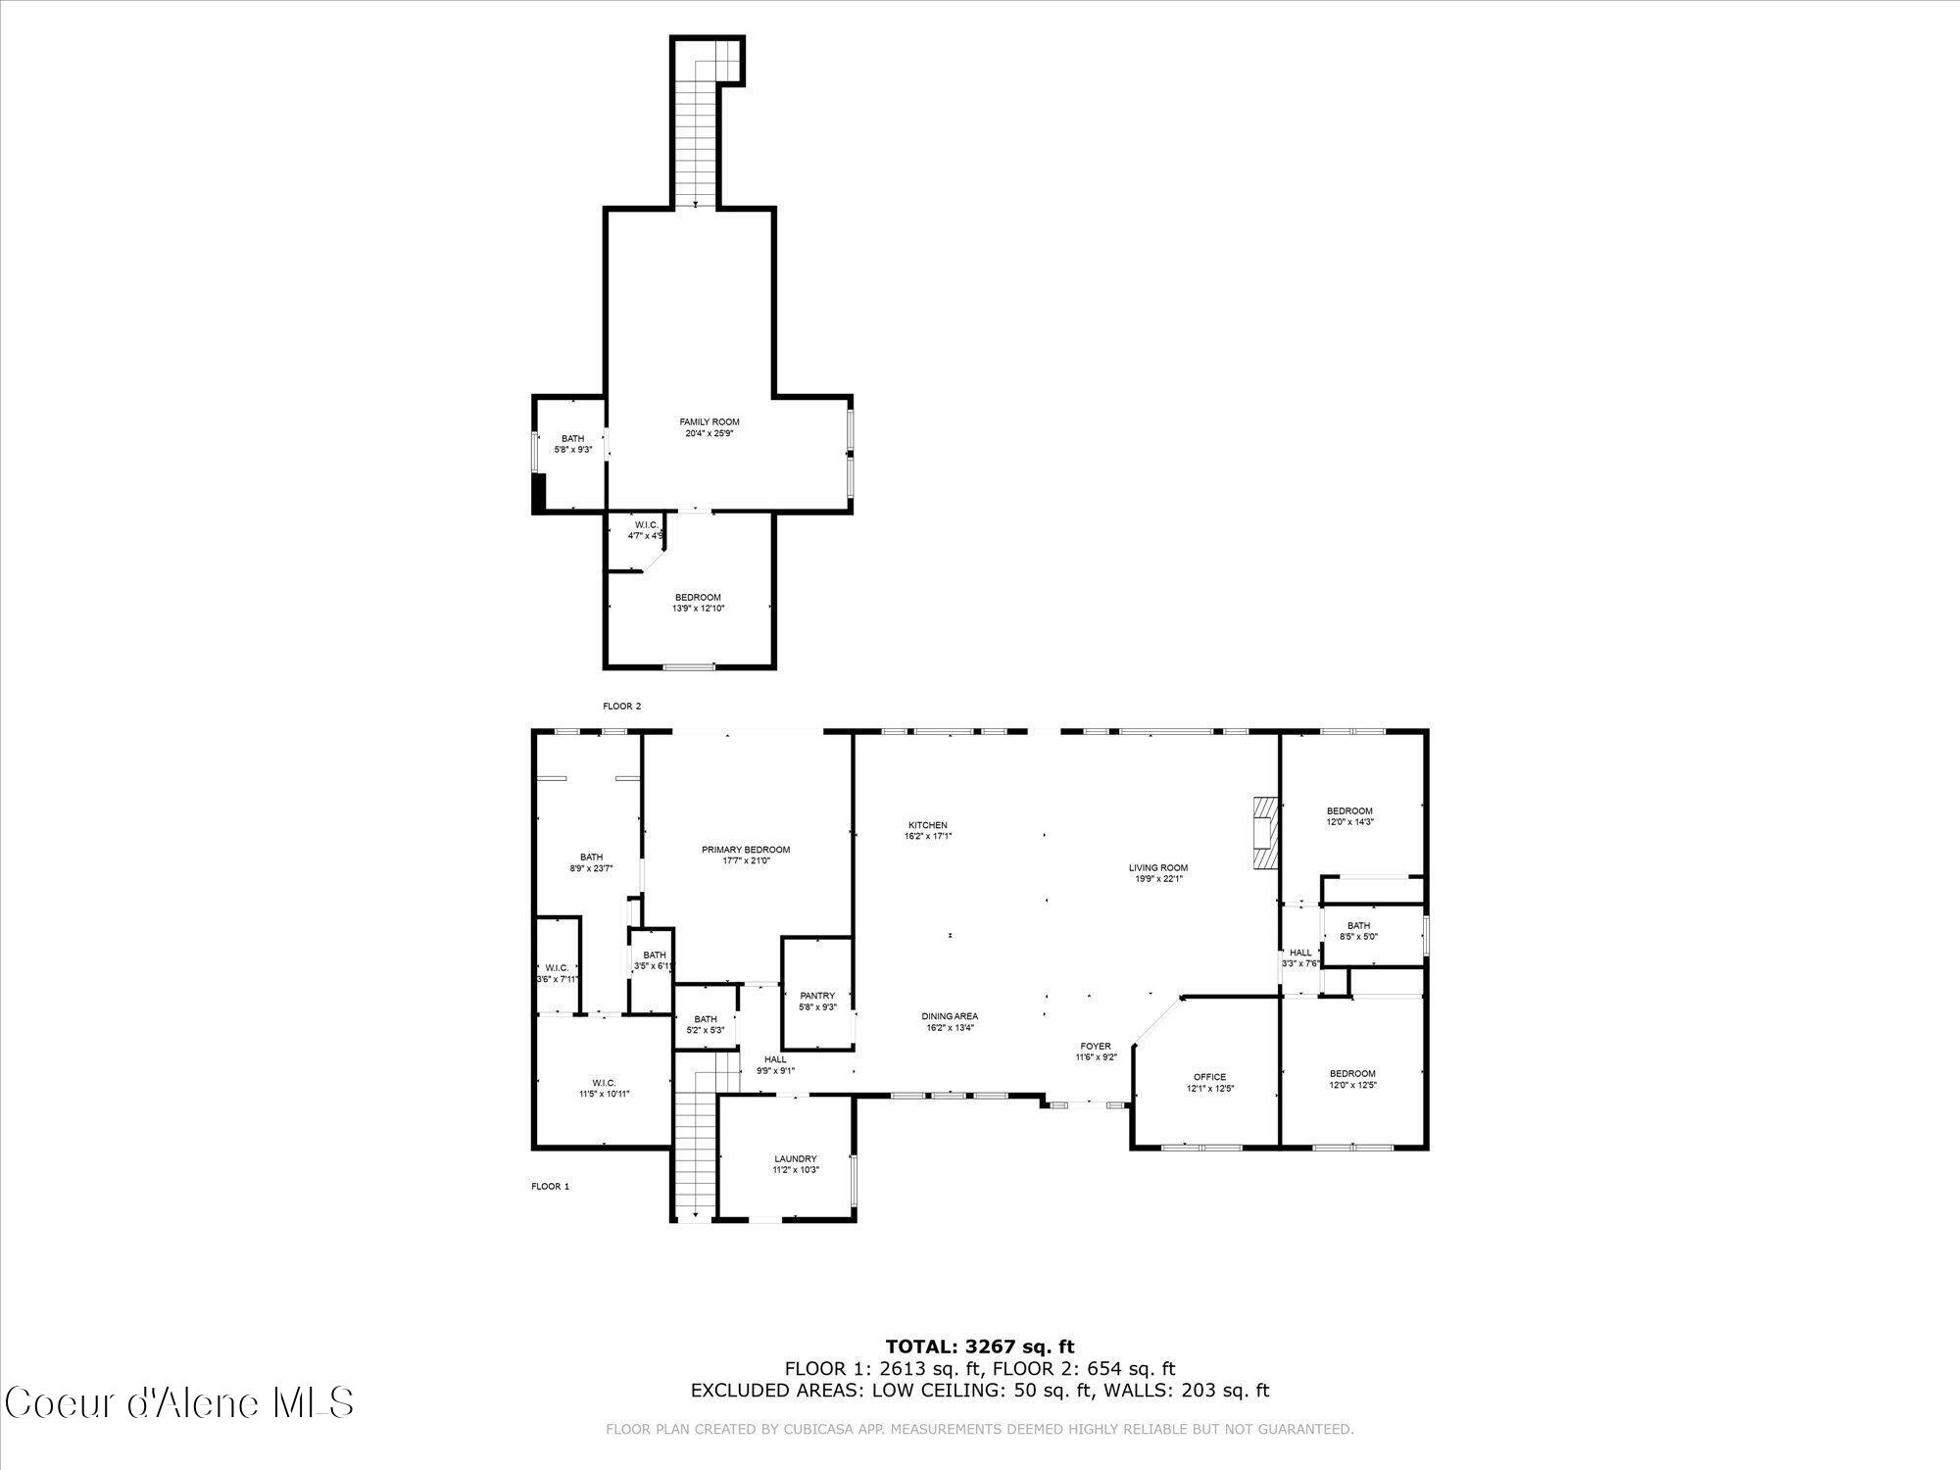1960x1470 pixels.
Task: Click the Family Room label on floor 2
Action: tap(710, 422)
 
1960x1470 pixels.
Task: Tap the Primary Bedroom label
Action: tap(745, 850)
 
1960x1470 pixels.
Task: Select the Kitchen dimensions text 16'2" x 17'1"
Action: tap(927, 837)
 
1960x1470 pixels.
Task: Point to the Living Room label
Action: tap(1157, 867)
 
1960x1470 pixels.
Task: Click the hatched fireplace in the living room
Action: tap(1264, 832)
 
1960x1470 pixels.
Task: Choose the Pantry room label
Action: tap(816, 996)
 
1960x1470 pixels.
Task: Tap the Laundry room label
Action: tap(795, 1158)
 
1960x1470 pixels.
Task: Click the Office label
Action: tap(1209, 1077)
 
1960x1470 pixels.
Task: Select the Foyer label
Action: tap(1096, 1046)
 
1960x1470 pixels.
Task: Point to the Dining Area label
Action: tap(951, 1016)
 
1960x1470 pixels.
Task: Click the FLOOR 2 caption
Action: tap(621, 706)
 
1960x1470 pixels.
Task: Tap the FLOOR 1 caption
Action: tap(550, 1186)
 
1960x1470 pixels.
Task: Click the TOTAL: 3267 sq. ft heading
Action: tap(979, 1347)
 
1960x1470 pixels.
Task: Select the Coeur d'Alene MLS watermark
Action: tap(178, 1403)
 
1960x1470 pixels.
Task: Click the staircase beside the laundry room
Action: tap(695, 1137)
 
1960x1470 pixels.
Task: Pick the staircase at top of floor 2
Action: tap(697, 127)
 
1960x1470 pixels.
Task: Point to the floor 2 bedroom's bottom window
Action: tap(689, 667)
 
